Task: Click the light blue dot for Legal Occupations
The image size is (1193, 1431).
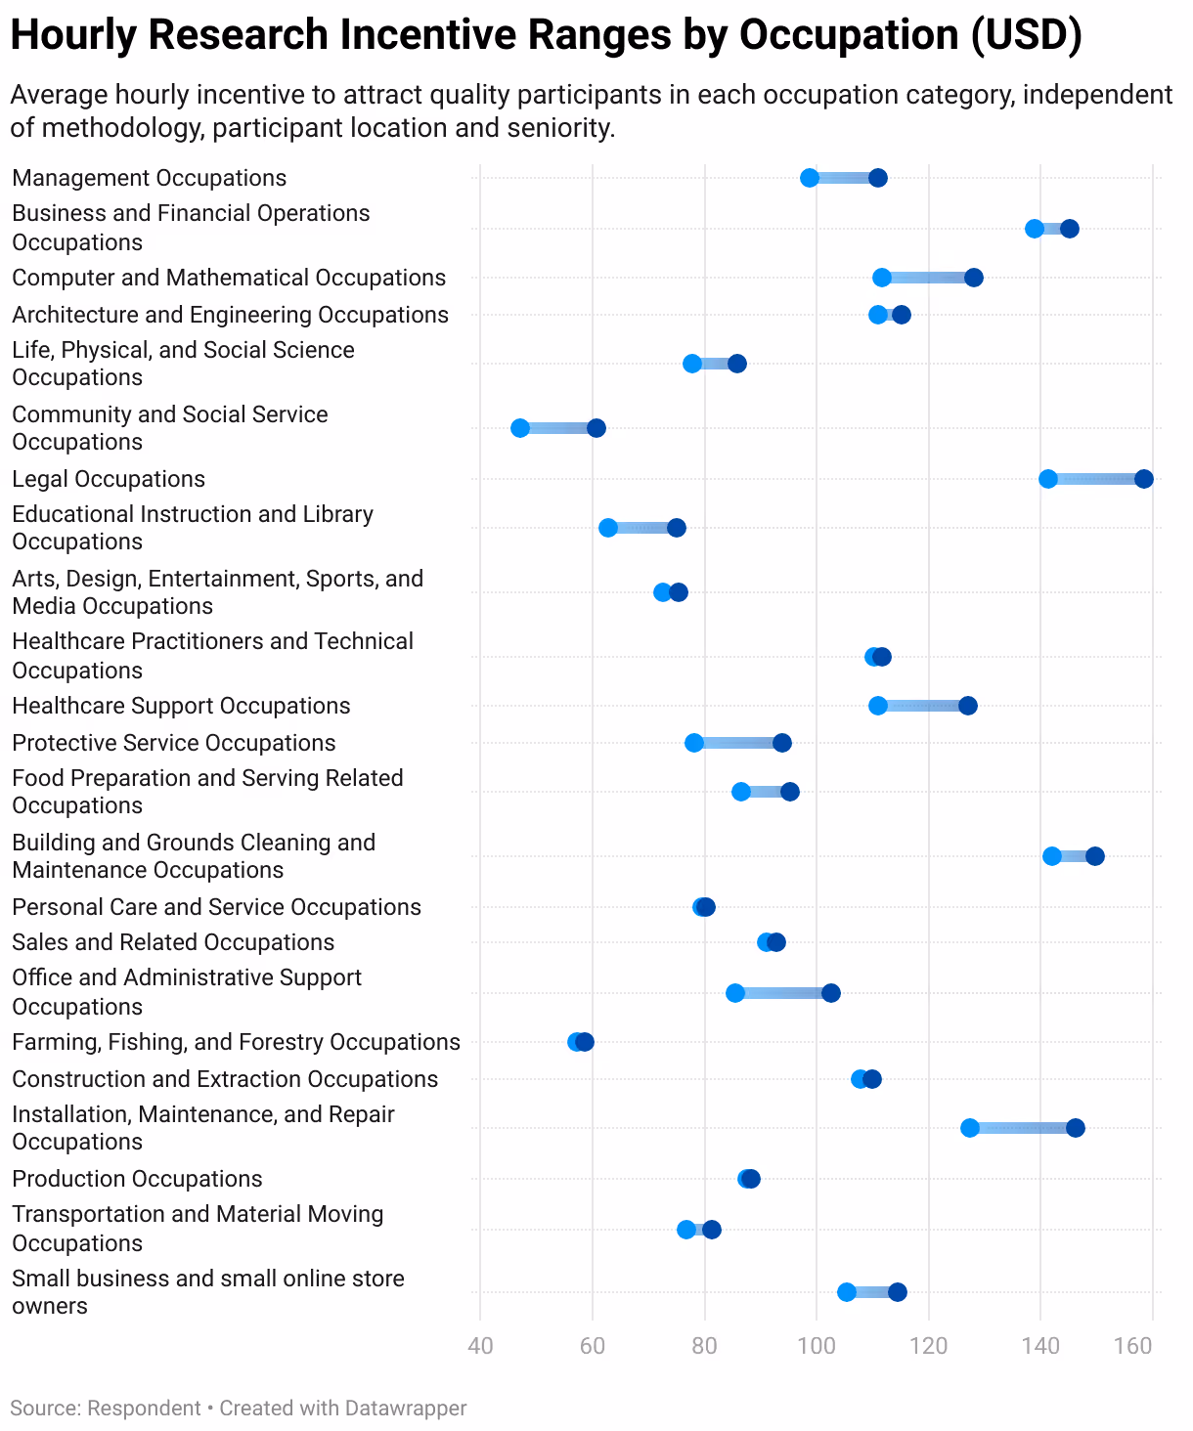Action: pos(1048,479)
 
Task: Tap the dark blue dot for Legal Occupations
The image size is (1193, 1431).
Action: pos(1144,479)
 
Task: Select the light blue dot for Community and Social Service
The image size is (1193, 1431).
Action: pos(520,428)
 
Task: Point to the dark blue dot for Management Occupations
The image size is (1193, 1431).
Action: pos(878,178)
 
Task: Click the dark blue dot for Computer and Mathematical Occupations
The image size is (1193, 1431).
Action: pos(974,278)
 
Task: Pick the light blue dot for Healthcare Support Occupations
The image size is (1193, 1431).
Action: pos(878,706)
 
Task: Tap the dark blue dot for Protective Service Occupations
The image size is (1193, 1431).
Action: pos(782,743)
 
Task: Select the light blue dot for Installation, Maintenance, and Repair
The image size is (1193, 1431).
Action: pos(970,1128)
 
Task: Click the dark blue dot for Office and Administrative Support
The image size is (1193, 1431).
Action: pos(831,993)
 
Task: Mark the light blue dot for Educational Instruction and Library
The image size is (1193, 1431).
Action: pos(608,528)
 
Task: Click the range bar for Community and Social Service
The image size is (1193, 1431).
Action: pos(558,428)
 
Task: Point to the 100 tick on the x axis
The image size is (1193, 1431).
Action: pos(817,1346)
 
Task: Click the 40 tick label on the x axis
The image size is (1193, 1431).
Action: pos(480,1346)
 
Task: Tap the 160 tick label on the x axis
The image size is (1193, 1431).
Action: pos(1133,1346)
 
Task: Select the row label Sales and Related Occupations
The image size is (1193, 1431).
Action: pos(173,942)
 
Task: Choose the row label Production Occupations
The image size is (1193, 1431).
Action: pos(137,1179)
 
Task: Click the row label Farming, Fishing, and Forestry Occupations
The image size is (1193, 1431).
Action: pos(236,1042)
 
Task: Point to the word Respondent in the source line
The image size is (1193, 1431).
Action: pos(144,1409)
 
